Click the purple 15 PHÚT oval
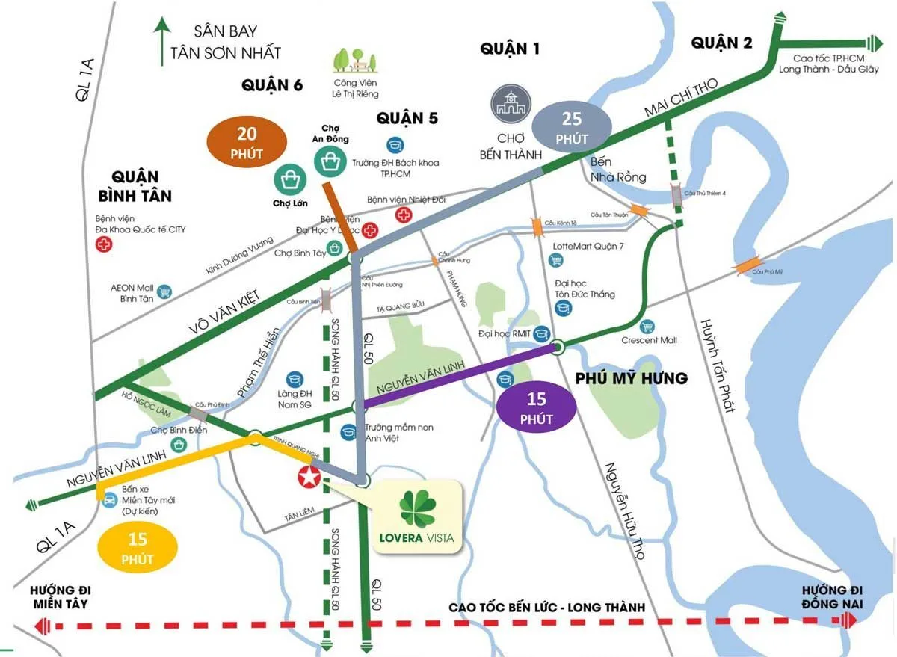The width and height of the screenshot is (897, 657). click(536, 409)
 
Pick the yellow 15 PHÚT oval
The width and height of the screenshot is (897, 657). click(138, 549)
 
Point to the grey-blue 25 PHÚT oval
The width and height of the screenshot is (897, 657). click(573, 128)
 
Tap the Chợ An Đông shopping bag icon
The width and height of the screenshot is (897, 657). click(329, 160)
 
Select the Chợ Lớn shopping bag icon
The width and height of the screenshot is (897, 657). click(288, 179)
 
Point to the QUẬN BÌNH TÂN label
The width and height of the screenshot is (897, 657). click(135, 187)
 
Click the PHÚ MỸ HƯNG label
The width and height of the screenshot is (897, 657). click(631, 379)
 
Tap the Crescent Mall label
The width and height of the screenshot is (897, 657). click(649, 341)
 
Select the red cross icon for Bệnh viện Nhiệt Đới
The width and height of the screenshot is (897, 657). click(404, 215)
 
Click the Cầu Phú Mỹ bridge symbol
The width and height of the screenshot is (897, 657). click(747, 265)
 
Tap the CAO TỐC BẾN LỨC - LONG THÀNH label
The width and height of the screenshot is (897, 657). click(546, 608)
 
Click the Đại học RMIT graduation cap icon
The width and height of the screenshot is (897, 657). click(542, 334)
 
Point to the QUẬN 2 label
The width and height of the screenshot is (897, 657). click(721, 43)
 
